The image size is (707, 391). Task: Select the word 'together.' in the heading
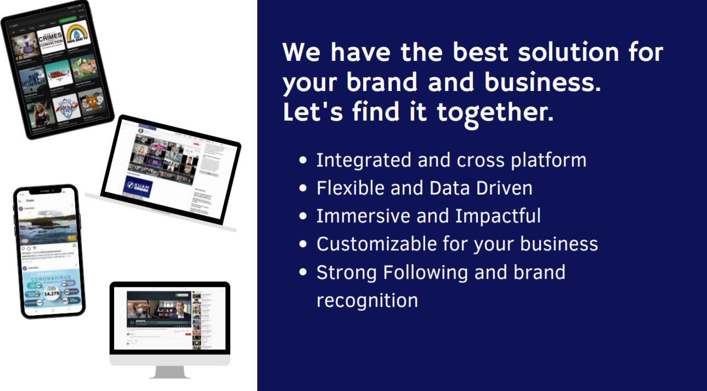coord(495,112)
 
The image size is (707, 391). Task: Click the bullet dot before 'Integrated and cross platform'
coord(303,161)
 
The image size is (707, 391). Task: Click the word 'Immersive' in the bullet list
coord(363,216)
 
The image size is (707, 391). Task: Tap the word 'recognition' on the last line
coord(367,300)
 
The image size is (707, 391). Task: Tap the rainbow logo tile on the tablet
coord(77,34)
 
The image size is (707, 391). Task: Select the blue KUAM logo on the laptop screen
coord(138,186)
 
